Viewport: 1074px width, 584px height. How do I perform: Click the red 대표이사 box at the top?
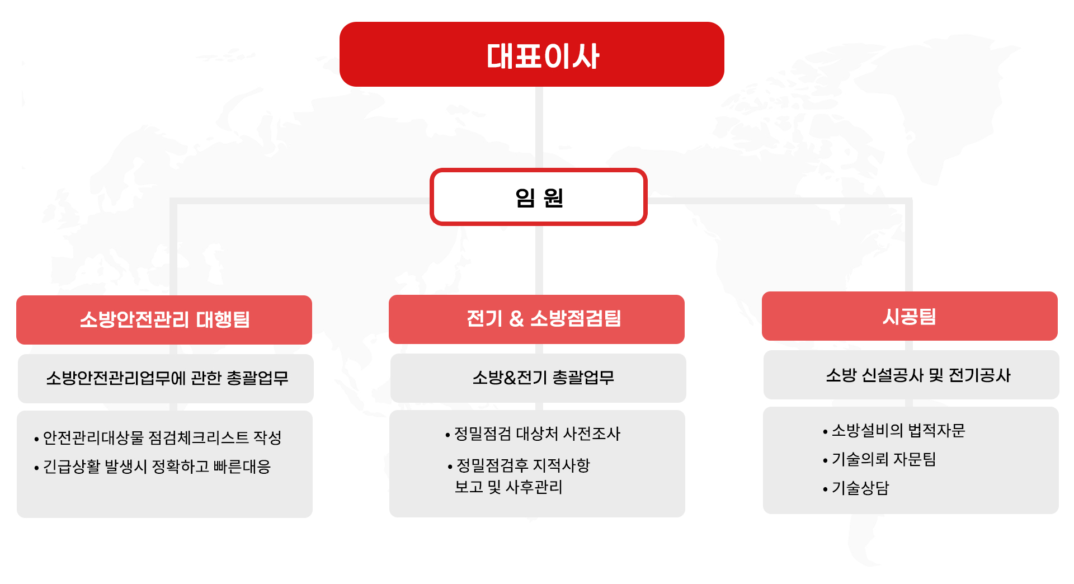532,54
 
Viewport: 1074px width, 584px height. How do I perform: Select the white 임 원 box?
539,197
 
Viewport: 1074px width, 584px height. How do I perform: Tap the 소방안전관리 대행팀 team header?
164,319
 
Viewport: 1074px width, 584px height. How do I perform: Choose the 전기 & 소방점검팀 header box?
536,319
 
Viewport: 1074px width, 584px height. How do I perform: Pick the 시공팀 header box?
910,316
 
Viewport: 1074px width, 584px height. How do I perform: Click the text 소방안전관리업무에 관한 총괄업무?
167,378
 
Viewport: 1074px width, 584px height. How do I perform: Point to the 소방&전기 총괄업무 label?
543,378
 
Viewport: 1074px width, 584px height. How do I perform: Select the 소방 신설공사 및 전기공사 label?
918,375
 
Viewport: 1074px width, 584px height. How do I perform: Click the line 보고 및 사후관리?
508,487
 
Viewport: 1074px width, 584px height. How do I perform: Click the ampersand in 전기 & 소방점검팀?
516,319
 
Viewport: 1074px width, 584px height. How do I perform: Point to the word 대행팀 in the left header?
223,319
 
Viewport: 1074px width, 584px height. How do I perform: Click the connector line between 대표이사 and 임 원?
539,128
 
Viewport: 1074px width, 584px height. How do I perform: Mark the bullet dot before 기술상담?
825,489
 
